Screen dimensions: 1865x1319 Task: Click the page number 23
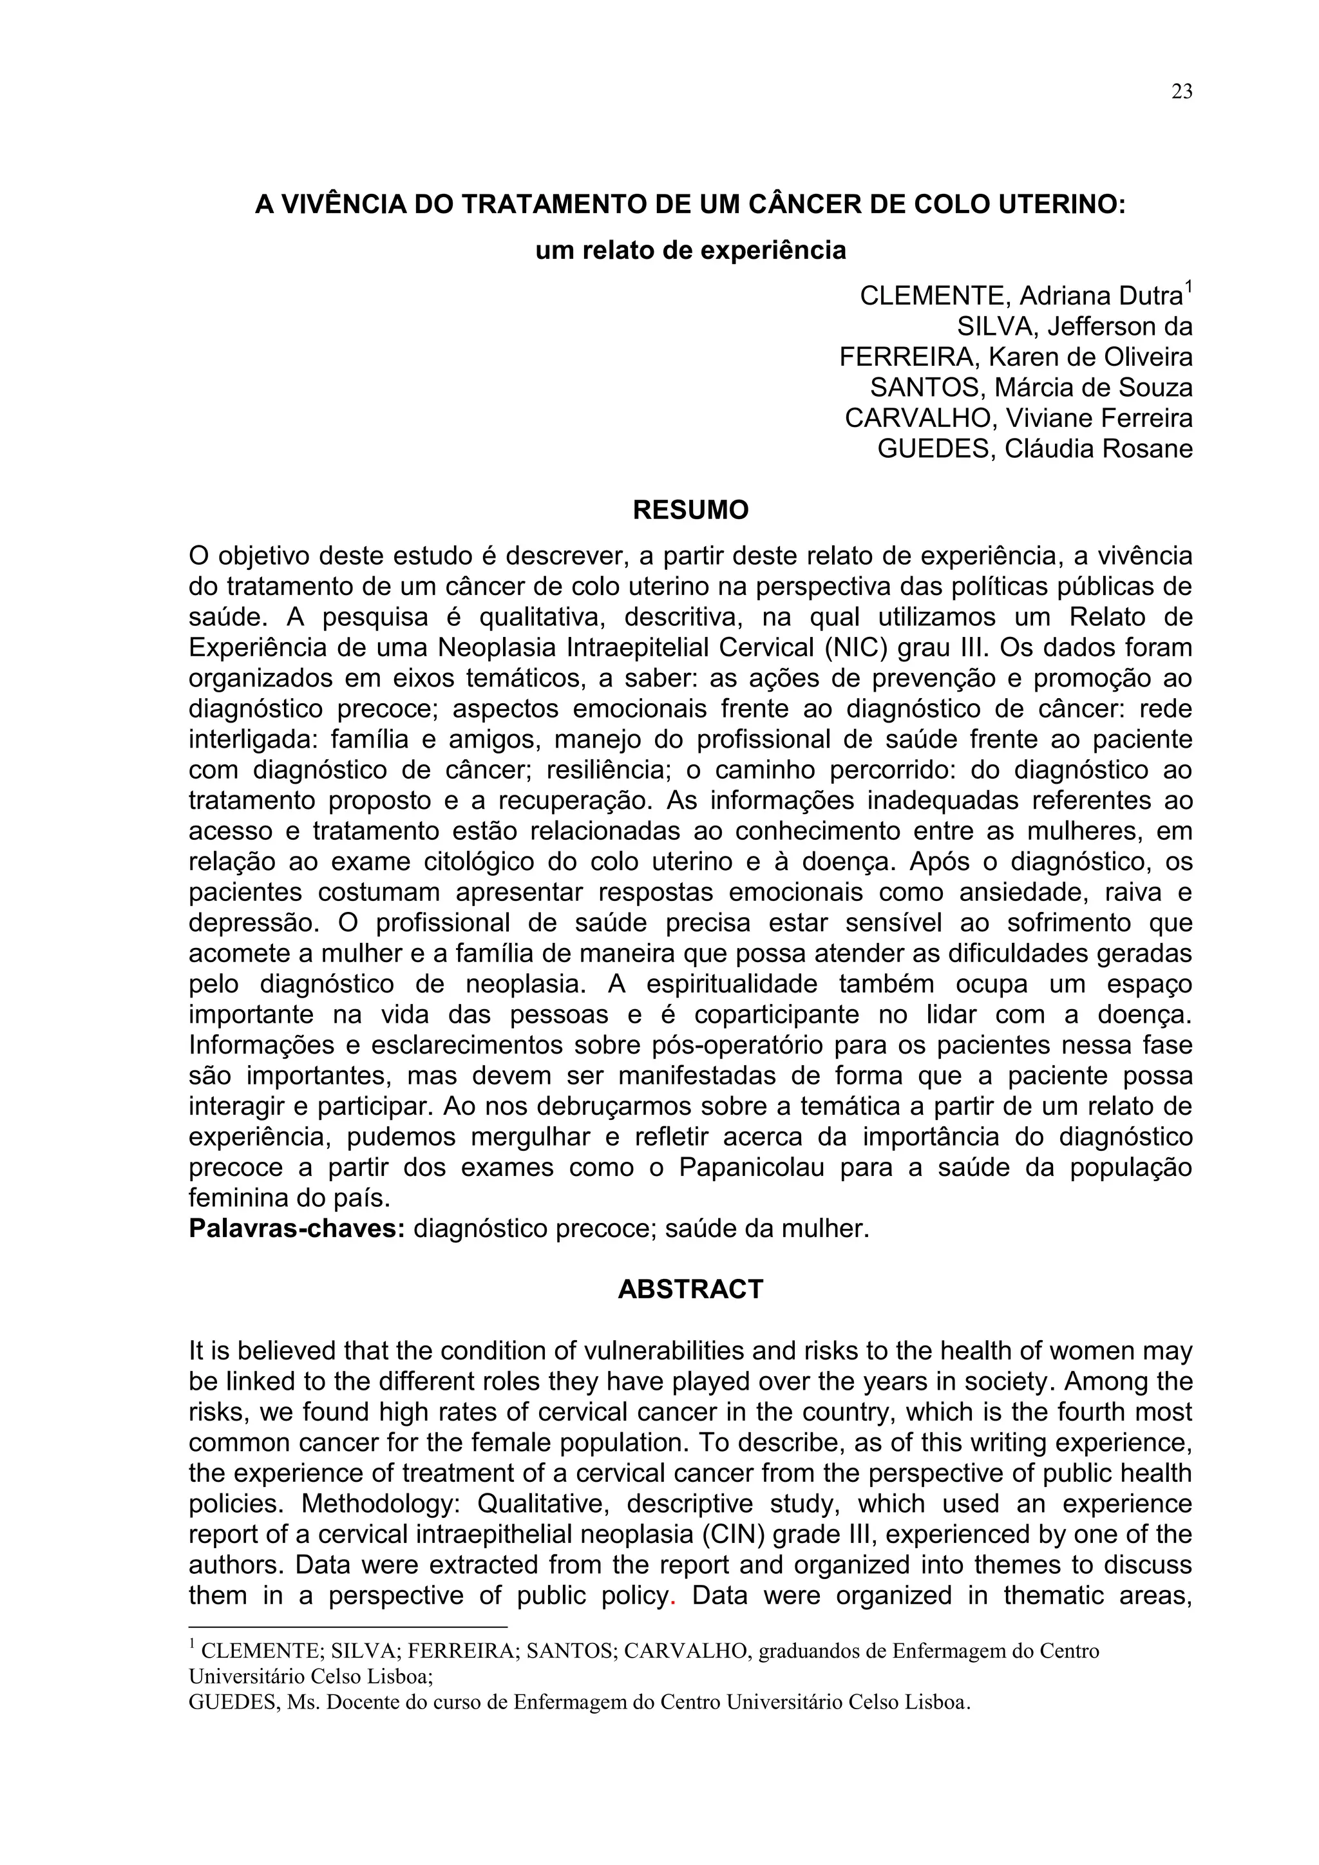(x=1182, y=93)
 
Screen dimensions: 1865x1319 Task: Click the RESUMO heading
(x=690, y=510)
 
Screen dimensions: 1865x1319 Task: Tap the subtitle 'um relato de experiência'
(x=690, y=250)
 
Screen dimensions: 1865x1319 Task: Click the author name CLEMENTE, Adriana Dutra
(x=1020, y=296)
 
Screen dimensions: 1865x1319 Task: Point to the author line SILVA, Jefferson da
(x=1074, y=327)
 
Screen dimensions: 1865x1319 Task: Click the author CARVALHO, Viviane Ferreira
(x=1018, y=419)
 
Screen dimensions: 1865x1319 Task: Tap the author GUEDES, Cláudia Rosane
(x=1035, y=448)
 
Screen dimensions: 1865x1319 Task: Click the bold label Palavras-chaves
(x=296, y=1229)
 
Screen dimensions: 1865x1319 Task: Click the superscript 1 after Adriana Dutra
(x=1188, y=287)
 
